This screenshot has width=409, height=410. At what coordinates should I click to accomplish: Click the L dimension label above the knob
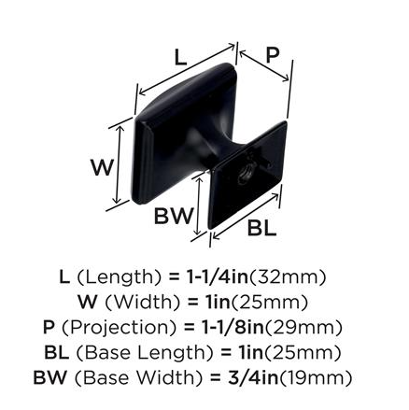tap(180, 58)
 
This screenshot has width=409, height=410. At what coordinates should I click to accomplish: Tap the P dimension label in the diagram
tap(273, 56)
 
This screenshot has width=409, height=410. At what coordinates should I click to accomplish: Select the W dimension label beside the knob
tap(102, 167)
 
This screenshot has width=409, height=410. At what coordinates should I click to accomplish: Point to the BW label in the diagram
tap(174, 216)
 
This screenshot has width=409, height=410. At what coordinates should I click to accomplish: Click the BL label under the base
tap(261, 228)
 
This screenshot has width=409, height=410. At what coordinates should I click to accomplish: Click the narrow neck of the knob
tap(222, 142)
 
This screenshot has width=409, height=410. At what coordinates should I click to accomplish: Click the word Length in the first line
tap(120, 276)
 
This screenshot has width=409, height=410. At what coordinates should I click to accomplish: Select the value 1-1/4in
tap(218, 276)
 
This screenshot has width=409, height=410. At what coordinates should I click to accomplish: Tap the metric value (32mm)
tap(288, 276)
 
